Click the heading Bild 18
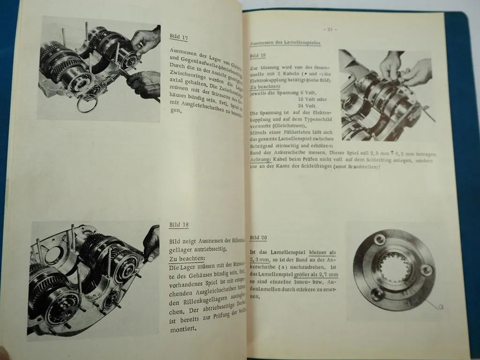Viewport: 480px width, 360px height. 179,225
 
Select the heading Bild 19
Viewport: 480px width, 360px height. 258,55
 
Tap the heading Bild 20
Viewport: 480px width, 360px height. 258,238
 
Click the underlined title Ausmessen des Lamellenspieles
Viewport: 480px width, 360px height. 285,43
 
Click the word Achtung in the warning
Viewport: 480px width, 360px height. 260,161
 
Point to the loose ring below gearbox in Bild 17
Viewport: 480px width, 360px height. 88,104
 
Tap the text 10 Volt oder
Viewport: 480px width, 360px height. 311,99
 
